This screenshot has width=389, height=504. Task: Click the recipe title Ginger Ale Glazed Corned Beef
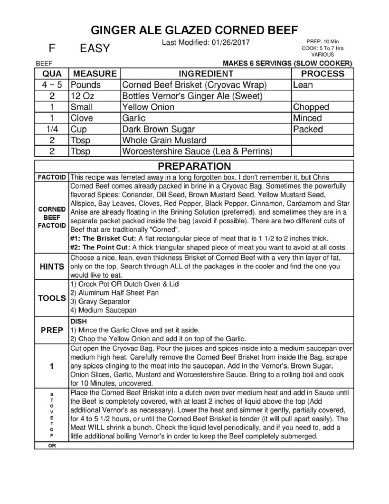[194, 30]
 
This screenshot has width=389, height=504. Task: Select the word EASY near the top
[95, 48]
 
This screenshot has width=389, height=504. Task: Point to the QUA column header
[52, 74]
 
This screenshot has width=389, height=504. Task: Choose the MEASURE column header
[95, 74]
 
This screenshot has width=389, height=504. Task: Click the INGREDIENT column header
[206, 74]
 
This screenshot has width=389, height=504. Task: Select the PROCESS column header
[322, 74]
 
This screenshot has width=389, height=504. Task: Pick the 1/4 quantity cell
[52, 129]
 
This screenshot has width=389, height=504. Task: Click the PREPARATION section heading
[194, 166]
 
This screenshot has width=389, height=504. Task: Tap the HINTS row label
[52, 266]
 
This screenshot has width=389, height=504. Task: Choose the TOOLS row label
[52, 298]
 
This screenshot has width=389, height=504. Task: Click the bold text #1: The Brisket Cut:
[103, 239]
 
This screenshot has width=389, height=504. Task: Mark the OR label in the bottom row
[52, 446]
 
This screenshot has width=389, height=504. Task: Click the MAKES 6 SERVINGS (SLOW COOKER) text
[287, 64]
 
